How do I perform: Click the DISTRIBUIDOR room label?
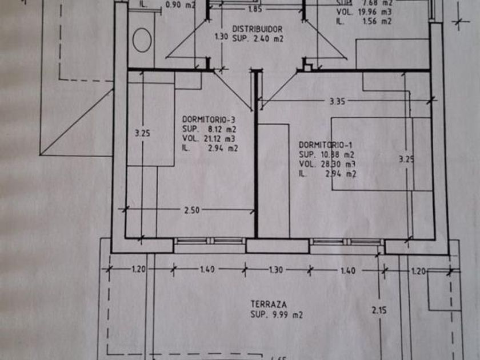tap(257, 29)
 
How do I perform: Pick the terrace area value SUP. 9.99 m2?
tap(276, 315)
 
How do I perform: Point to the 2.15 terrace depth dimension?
tap(378, 311)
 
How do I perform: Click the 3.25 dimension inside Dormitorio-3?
tap(142, 134)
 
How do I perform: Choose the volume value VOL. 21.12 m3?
tap(209, 138)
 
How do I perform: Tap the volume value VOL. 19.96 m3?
tap(363, 11)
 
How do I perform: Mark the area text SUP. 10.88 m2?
tap(326, 154)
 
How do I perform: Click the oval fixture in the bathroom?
tap(142, 39)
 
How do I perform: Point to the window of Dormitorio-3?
tap(209, 241)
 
